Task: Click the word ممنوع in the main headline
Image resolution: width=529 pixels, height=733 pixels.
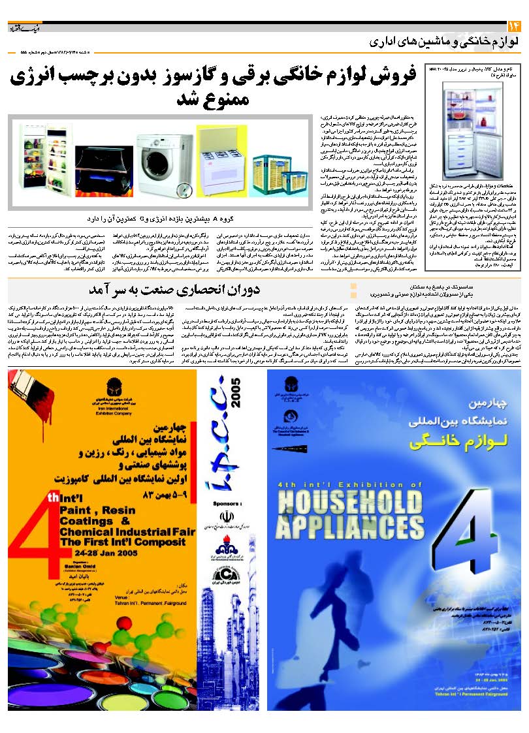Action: tap(225, 101)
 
